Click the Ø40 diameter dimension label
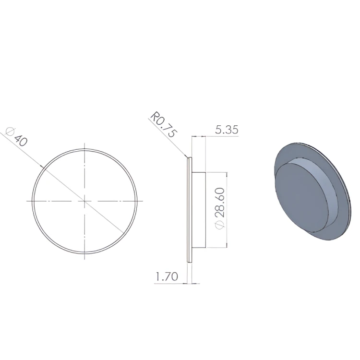click(x=16, y=137)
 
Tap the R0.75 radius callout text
click(x=164, y=125)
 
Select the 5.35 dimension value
click(x=227, y=130)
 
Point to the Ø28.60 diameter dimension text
click(x=219, y=208)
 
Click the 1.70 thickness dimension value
click(x=167, y=276)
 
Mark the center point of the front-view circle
click(x=84, y=201)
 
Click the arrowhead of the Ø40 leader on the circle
click(x=42, y=167)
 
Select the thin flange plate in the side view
click(x=190, y=210)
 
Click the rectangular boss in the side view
click(x=199, y=210)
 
